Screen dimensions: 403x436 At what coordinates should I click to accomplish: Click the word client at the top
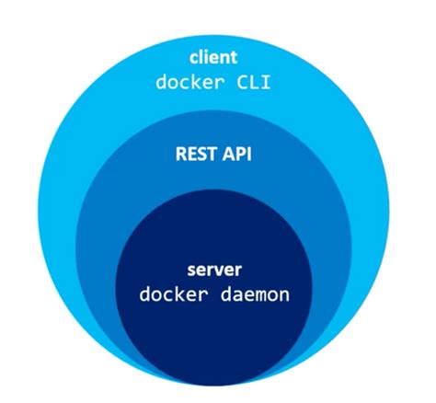coord(212,57)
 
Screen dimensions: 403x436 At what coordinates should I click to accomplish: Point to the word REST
coord(195,153)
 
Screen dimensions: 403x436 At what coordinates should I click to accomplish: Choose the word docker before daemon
coord(171,296)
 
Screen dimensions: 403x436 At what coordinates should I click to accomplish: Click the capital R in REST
coord(179,153)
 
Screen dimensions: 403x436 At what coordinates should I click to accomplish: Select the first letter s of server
coord(191,272)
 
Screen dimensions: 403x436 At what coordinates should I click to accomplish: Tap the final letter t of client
coord(233,57)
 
